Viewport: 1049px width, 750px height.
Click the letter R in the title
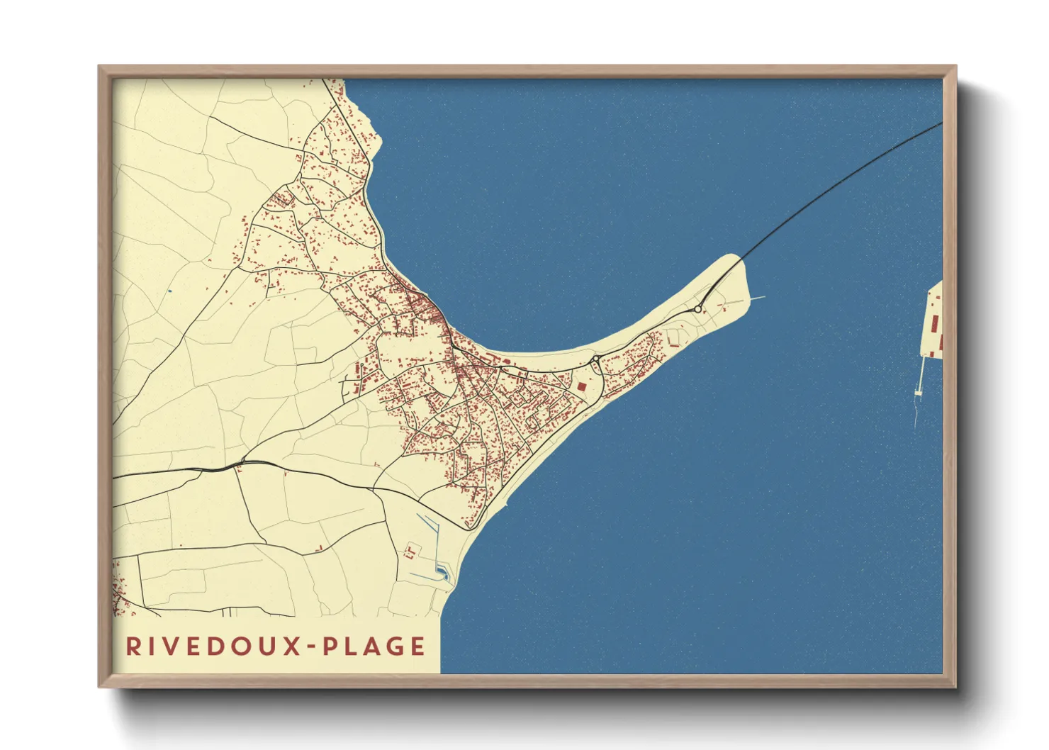pyautogui.click(x=133, y=647)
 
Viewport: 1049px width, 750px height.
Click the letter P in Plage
pyautogui.click(x=330, y=647)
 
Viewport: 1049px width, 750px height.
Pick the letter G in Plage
pyautogui.click(x=394, y=647)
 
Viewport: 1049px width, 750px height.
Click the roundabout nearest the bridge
pyautogui.click(x=698, y=309)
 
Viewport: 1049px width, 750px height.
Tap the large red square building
pyautogui.click(x=582, y=386)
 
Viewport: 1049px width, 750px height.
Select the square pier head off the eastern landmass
pyautogui.click(x=919, y=392)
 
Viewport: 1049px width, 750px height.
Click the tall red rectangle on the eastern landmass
pyautogui.click(x=934, y=325)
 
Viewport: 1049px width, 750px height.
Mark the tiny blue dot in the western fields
pyautogui.click(x=170, y=291)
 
